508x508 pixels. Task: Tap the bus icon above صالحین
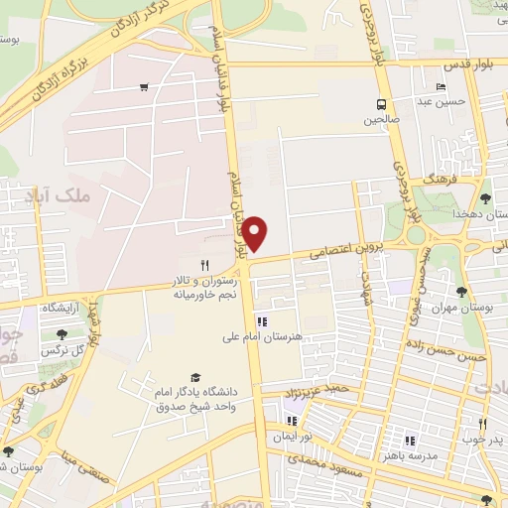point(381,105)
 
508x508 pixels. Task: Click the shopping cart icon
point(145,87)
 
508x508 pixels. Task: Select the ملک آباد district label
point(90,196)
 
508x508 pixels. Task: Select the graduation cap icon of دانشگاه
point(194,378)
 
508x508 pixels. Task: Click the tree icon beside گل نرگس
point(63,335)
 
